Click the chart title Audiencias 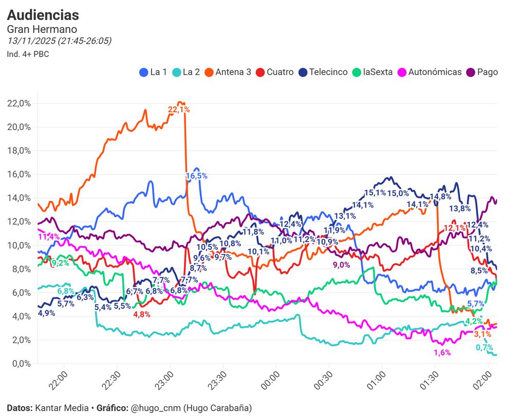[x=43, y=15]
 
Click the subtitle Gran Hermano [x=42, y=29]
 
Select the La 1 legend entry [x=154, y=72]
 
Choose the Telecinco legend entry [x=323, y=72]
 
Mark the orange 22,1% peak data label [x=179, y=109]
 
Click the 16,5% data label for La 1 [x=196, y=176]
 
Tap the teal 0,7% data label [x=485, y=348]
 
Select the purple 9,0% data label [x=341, y=265]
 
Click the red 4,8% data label [x=141, y=315]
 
